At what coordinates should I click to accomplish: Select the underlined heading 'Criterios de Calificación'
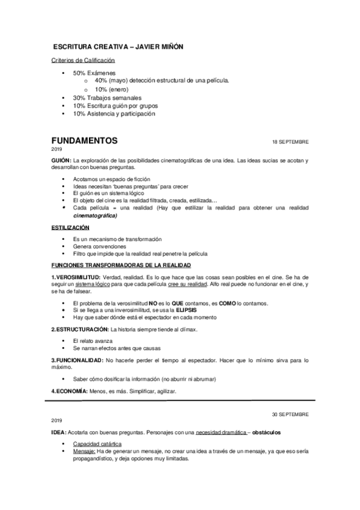click(x=83, y=60)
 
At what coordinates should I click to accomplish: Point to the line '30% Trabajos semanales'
click(x=107, y=97)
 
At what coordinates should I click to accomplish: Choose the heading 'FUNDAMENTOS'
click(x=84, y=141)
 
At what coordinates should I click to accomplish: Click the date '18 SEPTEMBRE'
click(x=290, y=142)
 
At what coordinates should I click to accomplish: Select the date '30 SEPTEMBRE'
click(x=290, y=414)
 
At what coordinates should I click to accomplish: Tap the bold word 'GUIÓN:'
click(x=62, y=160)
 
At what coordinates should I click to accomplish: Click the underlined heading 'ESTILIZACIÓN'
click(x=70, y=228)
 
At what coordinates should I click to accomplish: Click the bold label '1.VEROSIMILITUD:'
click(x=76, y=277)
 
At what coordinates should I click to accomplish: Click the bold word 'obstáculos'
click(x=269, y=433)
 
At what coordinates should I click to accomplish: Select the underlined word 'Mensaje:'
click(x=84, y=451)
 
